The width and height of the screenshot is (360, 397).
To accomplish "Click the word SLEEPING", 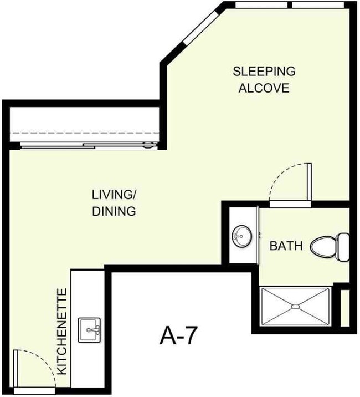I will (x=264, y=72).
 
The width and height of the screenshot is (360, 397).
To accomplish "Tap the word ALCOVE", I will (x=264, y=88).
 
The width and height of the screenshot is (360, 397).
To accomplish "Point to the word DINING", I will (x=114, y=211).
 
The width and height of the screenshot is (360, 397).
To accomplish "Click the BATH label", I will (x=286, y=246).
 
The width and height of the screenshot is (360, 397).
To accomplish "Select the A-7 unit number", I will (x=178, y=336).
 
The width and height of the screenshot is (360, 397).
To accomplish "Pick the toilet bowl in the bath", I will (x=323, y=246).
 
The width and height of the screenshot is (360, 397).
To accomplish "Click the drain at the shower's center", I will (x=296, y=306).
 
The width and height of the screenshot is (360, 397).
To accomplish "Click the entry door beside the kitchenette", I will (x=18, y=371).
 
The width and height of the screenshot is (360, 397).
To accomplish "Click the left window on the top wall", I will (x=261, y=5).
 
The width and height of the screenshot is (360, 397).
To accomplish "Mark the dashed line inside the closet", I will (x=83, y=133).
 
